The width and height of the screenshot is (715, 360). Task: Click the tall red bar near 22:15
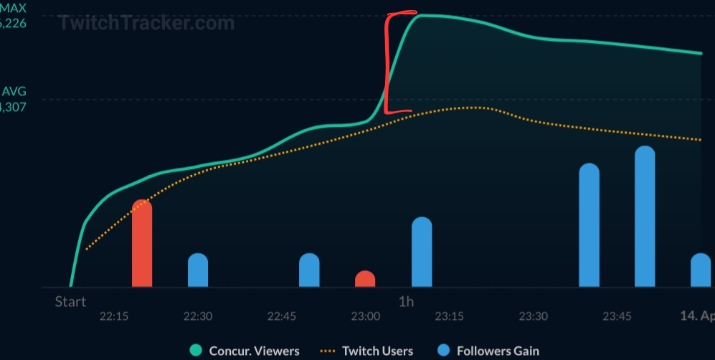coord(142,244)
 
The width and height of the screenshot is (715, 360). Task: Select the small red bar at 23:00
coord(365,280)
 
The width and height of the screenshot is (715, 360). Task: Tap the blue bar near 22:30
coord(198,270)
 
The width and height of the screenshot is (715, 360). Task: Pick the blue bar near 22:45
coord(309,270)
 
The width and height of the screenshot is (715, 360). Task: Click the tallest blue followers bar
coord(645,217)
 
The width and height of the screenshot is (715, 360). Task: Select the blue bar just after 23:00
coord(422,252)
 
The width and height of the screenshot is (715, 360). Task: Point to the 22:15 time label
coord(114,316)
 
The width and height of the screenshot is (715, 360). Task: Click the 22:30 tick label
coord(198,316)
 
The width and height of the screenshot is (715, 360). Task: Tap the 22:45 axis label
coord(282,316)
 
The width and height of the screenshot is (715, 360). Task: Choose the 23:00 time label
coord(366,316)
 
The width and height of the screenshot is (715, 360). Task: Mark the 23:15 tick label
coord(450,316)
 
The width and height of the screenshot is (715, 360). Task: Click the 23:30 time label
coord(534,316)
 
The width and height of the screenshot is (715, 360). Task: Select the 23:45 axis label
coord(617,316)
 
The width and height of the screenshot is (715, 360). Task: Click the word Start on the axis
coord(70,302)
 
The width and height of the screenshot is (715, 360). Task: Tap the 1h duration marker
coord(406,302)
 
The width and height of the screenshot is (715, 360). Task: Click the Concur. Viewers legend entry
coord(246,351)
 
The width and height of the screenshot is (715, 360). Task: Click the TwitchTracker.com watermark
coord(146,23)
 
